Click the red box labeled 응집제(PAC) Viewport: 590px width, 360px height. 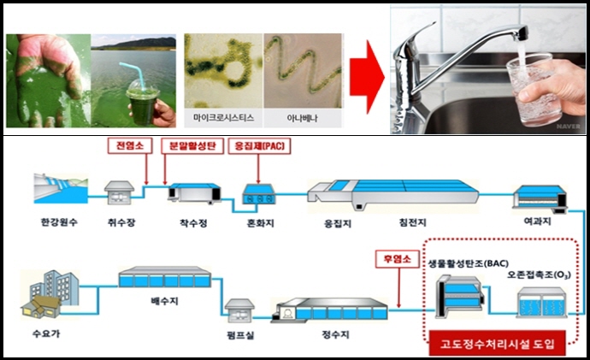coord(259,145)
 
